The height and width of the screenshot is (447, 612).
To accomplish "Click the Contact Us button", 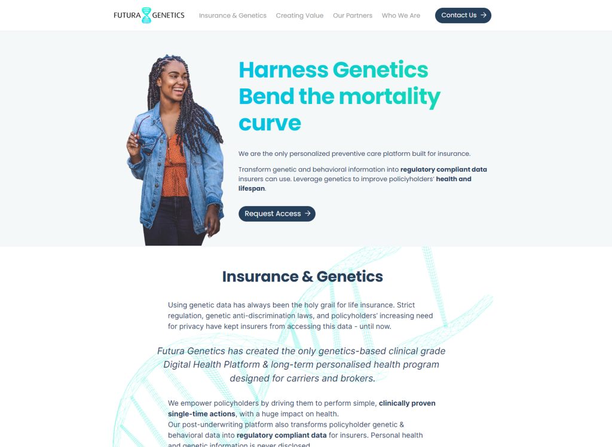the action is (463, 16).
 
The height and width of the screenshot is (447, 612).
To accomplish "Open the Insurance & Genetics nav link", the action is (232, 16).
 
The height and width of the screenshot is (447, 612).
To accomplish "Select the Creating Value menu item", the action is (299, 16).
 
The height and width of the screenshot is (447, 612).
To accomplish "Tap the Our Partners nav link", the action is (353, 16).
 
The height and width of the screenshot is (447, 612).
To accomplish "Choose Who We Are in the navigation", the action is (401, 16).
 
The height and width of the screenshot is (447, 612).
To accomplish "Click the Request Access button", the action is (277, 214).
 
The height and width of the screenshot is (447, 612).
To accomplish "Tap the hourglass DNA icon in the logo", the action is (146, 15).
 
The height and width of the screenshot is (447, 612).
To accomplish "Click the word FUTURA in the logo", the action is (127, 15).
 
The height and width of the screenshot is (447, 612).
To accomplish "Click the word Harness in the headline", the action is (283, 71).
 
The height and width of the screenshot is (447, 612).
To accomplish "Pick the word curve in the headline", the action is (270, 124).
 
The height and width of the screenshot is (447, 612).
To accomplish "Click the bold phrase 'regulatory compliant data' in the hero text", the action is (443, 170).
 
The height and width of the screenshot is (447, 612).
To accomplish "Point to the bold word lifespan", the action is (252, 189).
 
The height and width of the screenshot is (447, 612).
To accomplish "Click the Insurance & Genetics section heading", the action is (302, 277).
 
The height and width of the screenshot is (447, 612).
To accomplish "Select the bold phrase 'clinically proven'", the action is (407, 403).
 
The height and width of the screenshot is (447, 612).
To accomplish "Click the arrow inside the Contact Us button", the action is (483, 15).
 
